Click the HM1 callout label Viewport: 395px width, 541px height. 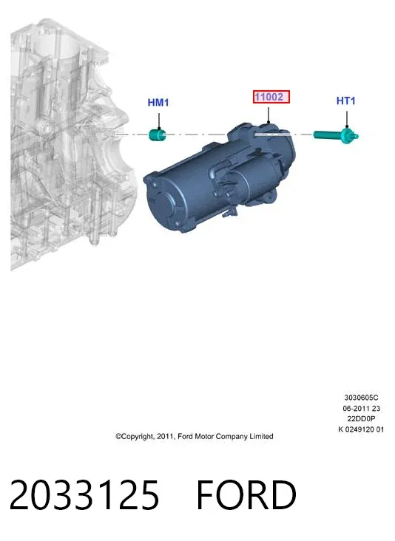click(158, 103)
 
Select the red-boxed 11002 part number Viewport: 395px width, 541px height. click(271, 97)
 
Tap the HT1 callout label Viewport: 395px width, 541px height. click(346, 101)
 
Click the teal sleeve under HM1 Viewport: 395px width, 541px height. click(158, 135)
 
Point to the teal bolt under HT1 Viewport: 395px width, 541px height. click(336, 135)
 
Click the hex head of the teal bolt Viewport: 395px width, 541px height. click(348, 135)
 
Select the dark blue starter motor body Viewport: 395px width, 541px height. click(220, 177)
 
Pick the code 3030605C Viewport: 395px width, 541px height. click(361, 398)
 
